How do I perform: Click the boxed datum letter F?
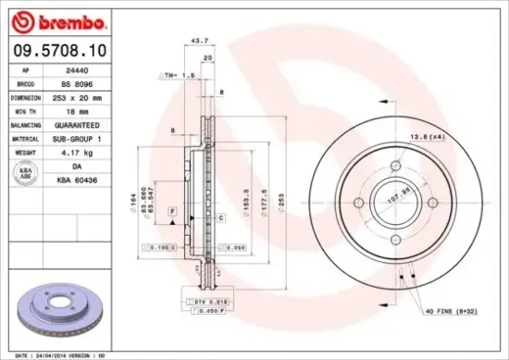[171, 213]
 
